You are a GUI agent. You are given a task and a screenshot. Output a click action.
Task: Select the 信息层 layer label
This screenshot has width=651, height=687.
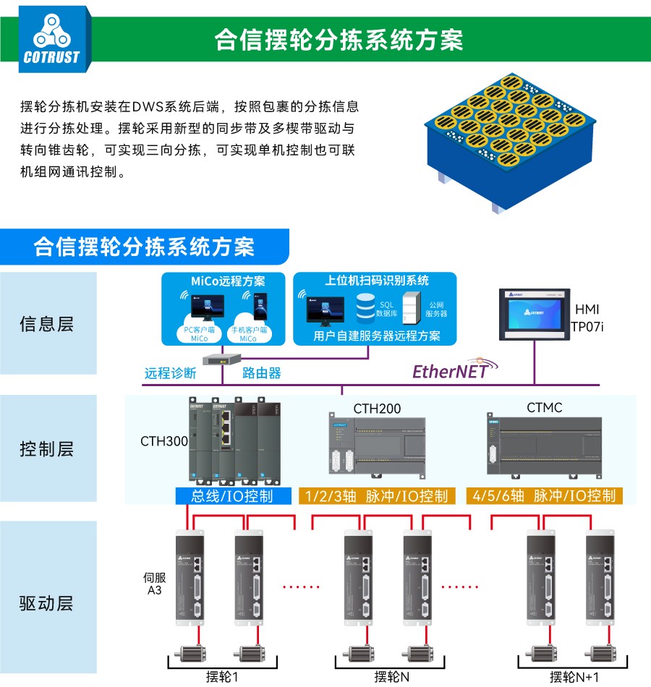coord(46,323)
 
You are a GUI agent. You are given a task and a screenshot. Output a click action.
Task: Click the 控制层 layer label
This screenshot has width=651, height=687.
coord(46,449)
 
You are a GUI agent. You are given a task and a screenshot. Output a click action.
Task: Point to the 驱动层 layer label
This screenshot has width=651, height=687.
coord(46,603)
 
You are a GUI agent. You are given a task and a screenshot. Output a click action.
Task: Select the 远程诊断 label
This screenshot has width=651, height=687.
coord(170,374)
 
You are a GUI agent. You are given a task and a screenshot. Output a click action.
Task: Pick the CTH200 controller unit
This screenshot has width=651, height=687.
coord(375,448)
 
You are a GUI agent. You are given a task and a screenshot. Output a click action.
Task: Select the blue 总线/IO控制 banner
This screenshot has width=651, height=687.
coord(231,496)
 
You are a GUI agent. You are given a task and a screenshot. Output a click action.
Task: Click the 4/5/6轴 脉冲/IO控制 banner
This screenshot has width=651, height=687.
coord(543,496)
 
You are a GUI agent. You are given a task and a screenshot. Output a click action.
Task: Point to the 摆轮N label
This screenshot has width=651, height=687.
coord(391,677)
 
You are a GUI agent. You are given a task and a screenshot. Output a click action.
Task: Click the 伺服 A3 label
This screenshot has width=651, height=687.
coord(154,584)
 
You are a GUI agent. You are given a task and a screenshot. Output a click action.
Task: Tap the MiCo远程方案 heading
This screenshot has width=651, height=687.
coord(228,281)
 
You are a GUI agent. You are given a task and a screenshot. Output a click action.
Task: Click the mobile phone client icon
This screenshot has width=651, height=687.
coord(260,307)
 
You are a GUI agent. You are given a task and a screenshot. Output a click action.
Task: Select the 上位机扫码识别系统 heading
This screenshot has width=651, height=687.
coord(376,281)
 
